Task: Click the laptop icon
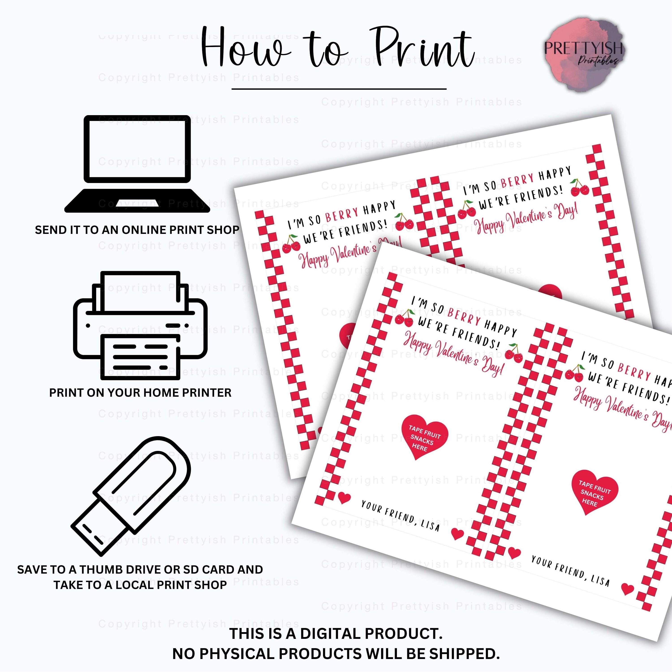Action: tap(137, 164)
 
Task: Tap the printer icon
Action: tap(140, 325)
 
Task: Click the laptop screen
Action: tap(137, 148)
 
